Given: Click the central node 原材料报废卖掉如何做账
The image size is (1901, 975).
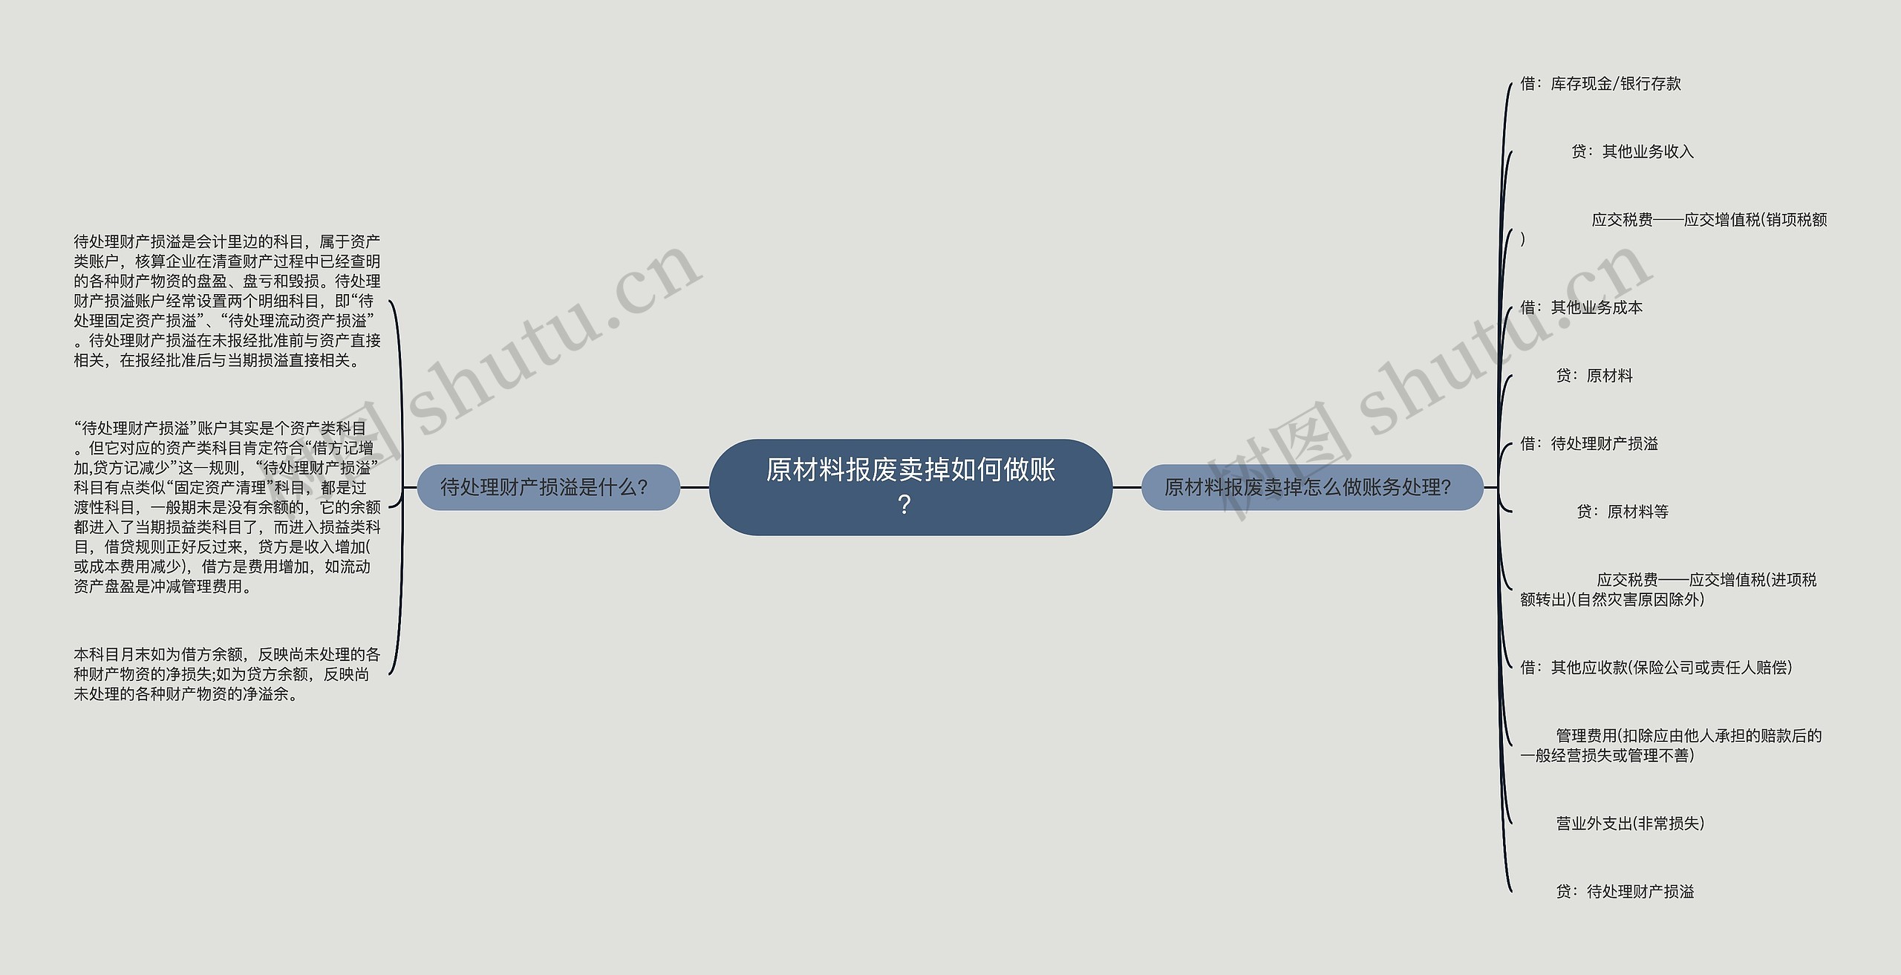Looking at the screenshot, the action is click(910, 487).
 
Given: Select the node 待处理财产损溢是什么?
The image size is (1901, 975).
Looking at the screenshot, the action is click(548, 487).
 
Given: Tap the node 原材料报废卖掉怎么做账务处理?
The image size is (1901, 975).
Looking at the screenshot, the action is click(1311, 487).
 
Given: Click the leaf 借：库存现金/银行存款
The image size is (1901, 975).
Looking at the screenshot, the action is click(1600, 84).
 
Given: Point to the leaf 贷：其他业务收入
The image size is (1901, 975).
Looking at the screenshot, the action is click(1632, 151).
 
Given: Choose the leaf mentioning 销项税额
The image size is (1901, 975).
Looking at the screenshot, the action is click(1674, 229).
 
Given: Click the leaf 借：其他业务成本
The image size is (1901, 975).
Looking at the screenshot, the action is click(1581, 307).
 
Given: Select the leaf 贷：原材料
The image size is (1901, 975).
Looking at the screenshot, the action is click(1594, 376).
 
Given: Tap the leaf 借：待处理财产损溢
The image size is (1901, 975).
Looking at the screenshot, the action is click(1589, 444).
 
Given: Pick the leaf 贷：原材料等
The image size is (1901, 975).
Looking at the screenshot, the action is click(1623, 512).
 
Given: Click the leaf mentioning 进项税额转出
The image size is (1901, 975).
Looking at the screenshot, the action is click(1669, 590).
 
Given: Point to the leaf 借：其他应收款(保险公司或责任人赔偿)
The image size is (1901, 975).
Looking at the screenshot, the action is click(1656, 668).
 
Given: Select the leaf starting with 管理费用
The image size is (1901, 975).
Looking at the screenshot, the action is click(1671, 746).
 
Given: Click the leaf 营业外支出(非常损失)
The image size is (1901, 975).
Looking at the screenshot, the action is click(1630, 824).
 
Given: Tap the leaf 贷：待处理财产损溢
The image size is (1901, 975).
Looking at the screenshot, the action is click(1625, 892).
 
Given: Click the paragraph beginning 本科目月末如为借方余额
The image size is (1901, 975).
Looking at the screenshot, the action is click(226, 674).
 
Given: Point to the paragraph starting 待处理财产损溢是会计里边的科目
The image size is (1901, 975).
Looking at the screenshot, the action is click(227, 301).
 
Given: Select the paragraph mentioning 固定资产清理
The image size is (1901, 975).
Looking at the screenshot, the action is click(227, 507).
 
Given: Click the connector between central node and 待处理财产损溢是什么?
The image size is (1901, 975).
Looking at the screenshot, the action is click(694, 488).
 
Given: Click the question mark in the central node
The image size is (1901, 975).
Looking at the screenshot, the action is click(904, 505).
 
